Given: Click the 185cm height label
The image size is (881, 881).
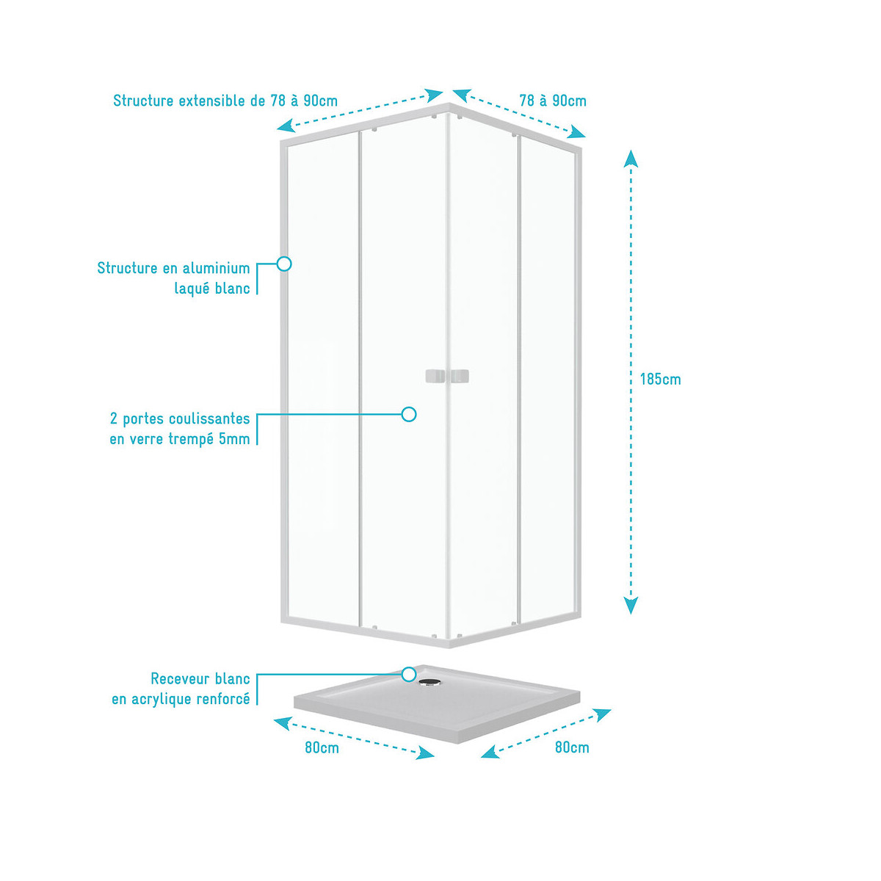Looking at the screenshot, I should (x=660, y=380).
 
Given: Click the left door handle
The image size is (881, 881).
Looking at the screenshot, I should (x=435, y=377).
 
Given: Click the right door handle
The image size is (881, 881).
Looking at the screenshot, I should (x=459, y=377).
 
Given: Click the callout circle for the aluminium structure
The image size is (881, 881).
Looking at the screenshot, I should (x=284, y=264).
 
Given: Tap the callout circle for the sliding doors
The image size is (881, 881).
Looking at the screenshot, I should (x=409, y=415).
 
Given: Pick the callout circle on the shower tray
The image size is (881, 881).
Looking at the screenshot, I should (x=409, y=674).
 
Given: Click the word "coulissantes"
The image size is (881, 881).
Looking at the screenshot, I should (x=209, y=418).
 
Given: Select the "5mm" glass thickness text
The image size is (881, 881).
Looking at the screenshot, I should (x=234, y=439).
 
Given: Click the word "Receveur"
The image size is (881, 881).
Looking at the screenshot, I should (x=180, y=679).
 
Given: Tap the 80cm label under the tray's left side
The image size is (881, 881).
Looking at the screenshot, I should (x=322, y=748).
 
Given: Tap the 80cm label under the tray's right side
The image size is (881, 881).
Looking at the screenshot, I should (x=572, y=747).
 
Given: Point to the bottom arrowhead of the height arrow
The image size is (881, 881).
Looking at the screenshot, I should (x=631, y=606).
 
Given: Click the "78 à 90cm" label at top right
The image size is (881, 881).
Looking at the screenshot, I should (x=553, y=101).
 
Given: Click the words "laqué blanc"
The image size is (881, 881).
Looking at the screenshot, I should (x=212, y=289).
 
